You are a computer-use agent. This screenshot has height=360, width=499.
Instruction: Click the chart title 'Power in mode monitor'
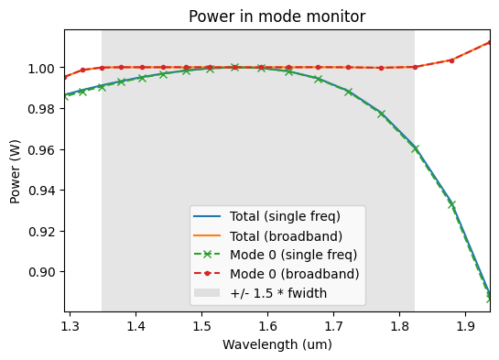coord(277,16)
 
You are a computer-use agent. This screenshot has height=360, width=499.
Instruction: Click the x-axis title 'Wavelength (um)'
coord(277,344)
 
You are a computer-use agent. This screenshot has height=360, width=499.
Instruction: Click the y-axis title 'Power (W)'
coord(16,170)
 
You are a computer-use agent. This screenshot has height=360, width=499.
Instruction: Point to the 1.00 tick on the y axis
coord(42,69)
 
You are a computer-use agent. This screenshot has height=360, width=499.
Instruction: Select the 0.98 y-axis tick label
coord(42,109)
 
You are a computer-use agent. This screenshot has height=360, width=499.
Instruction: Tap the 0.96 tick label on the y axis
coord(42,150)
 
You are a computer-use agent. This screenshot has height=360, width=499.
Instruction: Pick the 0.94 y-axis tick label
coord(42,191)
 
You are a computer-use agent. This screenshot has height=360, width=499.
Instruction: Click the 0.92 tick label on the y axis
coord(42,232)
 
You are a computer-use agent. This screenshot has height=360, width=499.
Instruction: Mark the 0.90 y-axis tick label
coord(42,272)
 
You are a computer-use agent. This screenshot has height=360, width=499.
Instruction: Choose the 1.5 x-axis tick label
coord(201,325)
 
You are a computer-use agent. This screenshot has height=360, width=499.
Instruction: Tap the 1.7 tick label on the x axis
coord(333,325)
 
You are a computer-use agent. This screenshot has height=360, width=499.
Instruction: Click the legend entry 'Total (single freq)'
coord(285,217)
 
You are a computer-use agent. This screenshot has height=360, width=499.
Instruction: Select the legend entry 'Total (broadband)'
coord(283,236)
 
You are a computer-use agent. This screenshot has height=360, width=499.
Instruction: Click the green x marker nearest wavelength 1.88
coord(451,204)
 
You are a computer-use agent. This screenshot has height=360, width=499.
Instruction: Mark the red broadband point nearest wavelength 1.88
coord(451,60)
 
